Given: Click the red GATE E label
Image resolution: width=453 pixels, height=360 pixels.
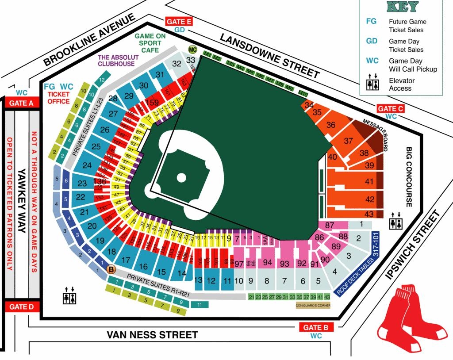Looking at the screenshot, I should click(179, 22).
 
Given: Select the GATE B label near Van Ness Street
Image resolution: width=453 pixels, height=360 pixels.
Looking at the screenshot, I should click(316, 327).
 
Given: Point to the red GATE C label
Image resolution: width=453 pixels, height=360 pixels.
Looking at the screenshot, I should click(391, 108).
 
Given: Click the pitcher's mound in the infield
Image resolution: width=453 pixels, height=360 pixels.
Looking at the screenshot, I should click(181, 178).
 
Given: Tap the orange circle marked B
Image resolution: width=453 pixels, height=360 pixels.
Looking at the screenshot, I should click(111, 269).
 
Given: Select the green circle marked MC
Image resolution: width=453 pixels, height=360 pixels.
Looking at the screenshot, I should click(192, 49).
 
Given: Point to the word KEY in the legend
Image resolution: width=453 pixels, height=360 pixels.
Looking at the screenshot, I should click(402, 7).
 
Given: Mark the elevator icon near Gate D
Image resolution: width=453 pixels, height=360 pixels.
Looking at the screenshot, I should click(69, 295).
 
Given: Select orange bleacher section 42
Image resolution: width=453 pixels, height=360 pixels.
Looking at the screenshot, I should click(369, 199).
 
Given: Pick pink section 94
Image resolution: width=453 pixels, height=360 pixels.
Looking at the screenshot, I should click(267, 263).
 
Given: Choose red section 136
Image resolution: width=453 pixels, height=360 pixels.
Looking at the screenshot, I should click(100, 181).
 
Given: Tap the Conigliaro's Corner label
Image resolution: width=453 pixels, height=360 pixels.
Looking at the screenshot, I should click(312, 305).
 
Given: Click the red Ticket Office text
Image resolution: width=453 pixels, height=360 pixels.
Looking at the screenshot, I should click(58, 98).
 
